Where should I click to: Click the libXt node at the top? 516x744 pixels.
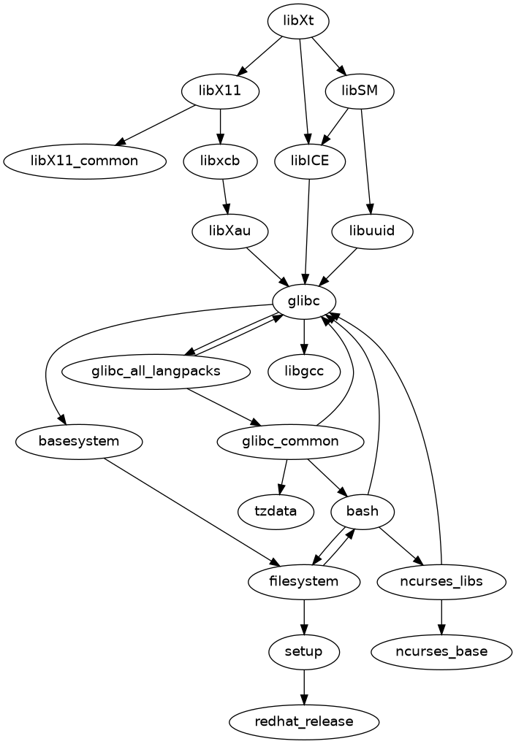click(297, 21)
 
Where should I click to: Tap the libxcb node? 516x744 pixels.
click(221, 161)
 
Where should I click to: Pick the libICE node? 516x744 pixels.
click(310, 161)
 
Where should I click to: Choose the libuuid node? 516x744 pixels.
click(373, 231)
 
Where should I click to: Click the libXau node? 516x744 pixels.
click(229, 231)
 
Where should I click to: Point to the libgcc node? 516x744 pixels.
click(304, 372)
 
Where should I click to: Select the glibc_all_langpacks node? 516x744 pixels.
click(156, 372)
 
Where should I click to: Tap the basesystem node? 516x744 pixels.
click(79, 441)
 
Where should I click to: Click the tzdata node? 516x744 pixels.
click(276, 510)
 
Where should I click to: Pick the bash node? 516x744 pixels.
click(363, 510)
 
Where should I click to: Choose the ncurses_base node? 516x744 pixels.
click(441, 651)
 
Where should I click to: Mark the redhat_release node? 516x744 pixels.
click(304, 721)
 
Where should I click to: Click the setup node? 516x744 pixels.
click(304, 651)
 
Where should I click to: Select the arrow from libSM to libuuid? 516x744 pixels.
click(367, 161)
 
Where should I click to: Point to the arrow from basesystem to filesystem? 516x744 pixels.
click(190, 510)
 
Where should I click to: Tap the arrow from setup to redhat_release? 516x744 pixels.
click(304, 686)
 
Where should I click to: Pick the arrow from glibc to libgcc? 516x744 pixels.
click(304, 336)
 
